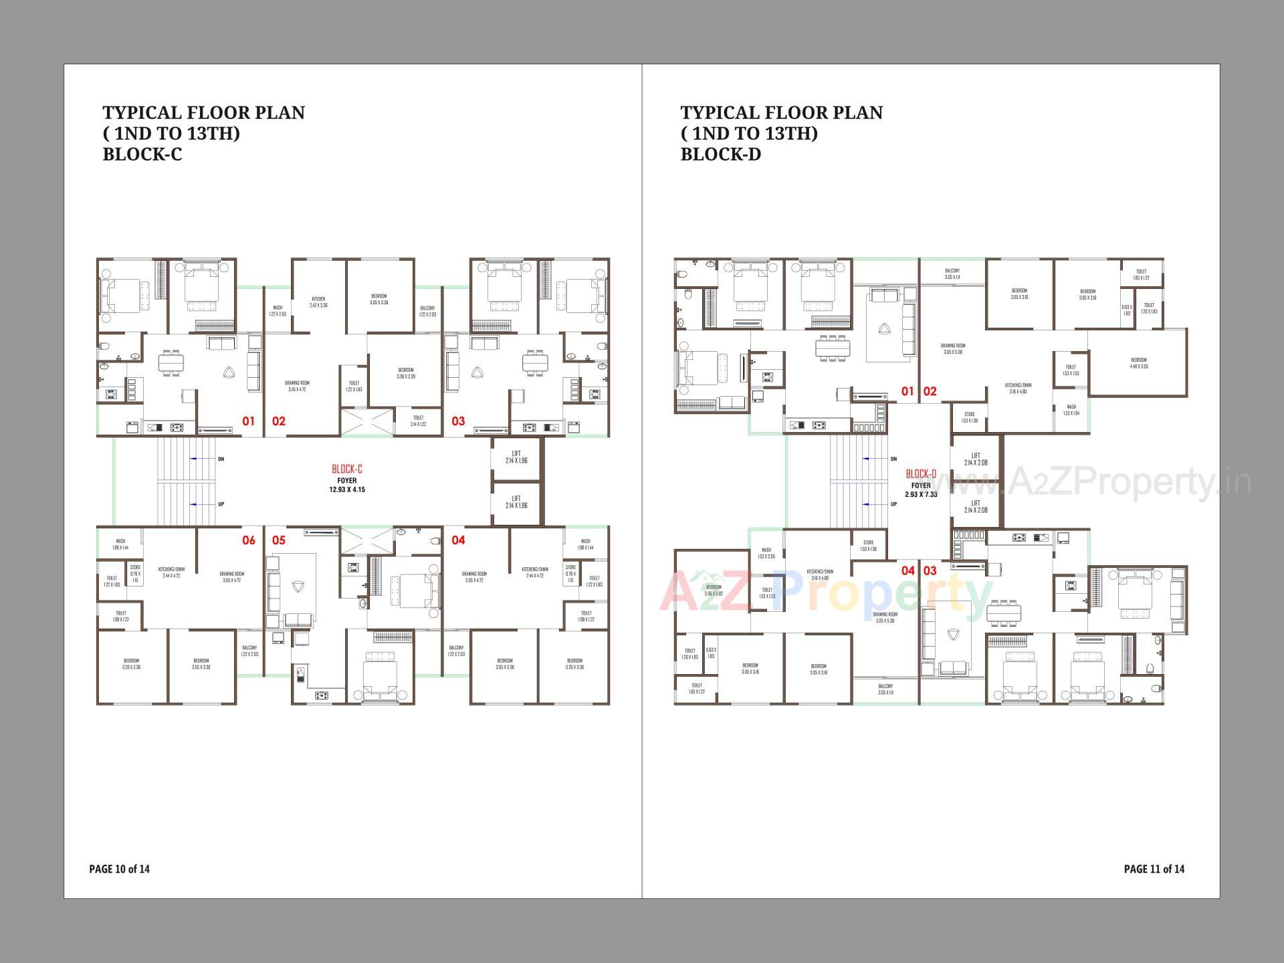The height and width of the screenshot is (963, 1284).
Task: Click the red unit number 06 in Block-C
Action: pyautogui.click(x=248, y=540)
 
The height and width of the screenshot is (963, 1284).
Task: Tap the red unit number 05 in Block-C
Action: pyautogui.click(x=278, y=540)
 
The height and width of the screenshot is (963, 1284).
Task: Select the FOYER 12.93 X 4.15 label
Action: pyautogui.click(x=347, y=485)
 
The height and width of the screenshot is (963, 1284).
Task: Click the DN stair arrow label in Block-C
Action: pyautogui.click(x=221, y=459)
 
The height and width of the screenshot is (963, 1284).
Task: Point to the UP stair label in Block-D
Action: pyautogui.click(x=893, y=504)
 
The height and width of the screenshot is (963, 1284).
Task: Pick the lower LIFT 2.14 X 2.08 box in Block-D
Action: pyautogui.click(x=976, y=506)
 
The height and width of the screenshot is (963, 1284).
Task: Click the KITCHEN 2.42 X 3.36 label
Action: pyautogui.click(x=318, y=302)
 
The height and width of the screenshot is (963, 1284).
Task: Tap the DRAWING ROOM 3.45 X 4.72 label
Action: pyautogui.click(x=296, y=386)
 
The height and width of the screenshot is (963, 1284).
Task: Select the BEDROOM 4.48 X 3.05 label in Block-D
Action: pyautogui.click(x=1139, y=363)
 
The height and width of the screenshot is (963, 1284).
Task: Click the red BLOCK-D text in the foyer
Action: pyautogui.click(x=920, y=474)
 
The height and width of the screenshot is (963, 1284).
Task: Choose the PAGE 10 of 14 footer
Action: pyautogui.click(x=119, y=869)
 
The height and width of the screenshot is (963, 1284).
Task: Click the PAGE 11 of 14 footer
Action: pyautogui.click(x=1154, y=869)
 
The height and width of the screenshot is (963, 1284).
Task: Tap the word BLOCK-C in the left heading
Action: pyautogui.click(x=142, y=154)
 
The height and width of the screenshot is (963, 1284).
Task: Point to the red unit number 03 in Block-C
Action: pyautogui.click(x=457, y=421)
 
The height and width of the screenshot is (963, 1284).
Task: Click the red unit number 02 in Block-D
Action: pyautogui.click(x=930, y=391)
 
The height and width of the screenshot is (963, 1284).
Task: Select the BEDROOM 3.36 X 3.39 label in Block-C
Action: pyautogui.click(x=406, y=372)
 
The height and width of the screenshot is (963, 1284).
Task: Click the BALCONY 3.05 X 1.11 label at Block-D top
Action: pyautogui.click(x=952, y=274)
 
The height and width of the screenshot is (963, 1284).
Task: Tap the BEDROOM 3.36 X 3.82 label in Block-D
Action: pyautogui.click(x=714, y=590)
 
